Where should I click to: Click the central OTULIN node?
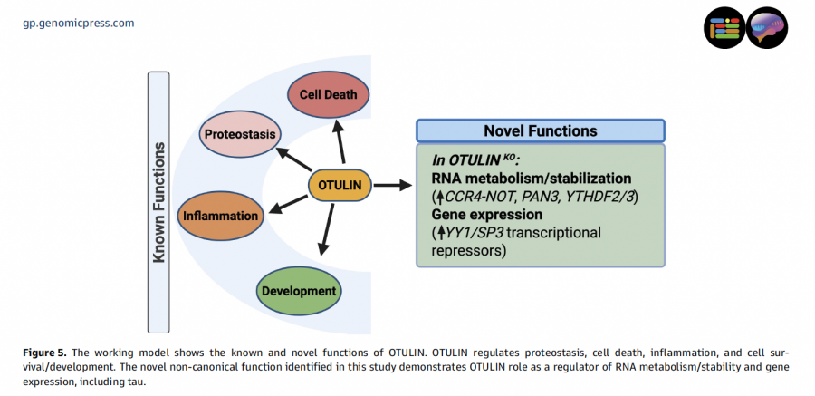click(x=340, y=185)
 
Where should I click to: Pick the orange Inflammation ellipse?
click(x=221, y=217)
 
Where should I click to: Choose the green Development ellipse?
click(x=299, y=291)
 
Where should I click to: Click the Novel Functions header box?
click(x=541, y=130)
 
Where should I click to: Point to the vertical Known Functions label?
click(x=159, y=202)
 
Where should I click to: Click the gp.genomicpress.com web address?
click(x=78, y=23)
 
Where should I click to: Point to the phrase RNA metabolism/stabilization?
click(x=532, y=179)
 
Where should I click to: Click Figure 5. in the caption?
click(x=42, y=352)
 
